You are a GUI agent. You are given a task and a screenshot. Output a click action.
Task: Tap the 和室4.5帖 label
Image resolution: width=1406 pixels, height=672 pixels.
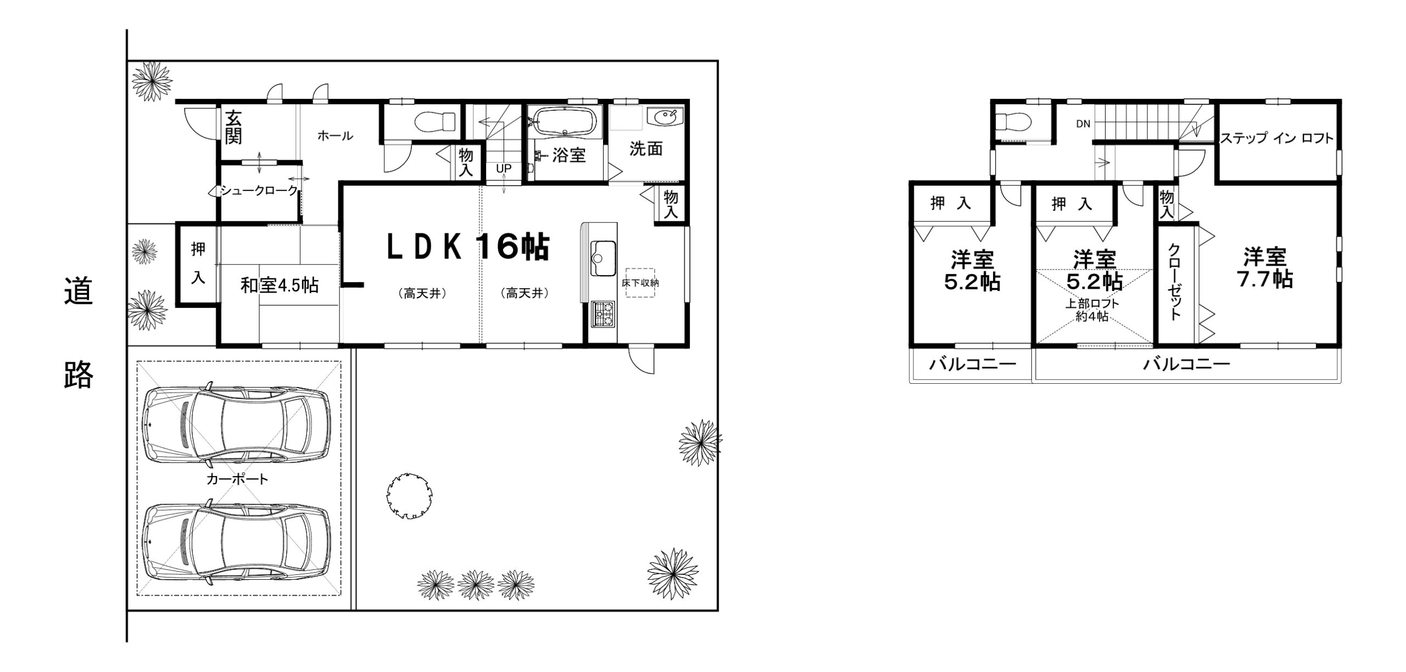tap(280, 285)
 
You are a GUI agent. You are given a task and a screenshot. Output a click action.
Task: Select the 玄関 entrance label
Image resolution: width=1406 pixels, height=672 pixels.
tap(233, 127)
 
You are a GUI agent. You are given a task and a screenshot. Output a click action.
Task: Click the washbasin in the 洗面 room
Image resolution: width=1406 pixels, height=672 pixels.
tap(665, 117)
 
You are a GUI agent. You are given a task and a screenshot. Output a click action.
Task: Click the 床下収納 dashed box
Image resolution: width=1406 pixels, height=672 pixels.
tap(640, 283)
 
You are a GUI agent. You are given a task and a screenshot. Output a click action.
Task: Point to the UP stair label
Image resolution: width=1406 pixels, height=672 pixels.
tap(504, 169)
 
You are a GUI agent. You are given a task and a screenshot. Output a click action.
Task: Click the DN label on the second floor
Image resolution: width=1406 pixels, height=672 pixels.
tap(1083, 124)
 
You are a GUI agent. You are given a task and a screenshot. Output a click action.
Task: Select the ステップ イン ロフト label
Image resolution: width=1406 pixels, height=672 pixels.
tap(1276, 138)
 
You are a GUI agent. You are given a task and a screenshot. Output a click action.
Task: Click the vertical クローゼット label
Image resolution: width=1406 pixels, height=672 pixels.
tap(1174, 282)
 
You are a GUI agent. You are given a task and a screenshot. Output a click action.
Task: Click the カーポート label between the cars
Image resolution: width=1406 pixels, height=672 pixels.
tap(237, 479)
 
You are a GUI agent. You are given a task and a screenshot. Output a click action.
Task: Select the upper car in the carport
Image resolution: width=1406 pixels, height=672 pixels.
tap(236, 424)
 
